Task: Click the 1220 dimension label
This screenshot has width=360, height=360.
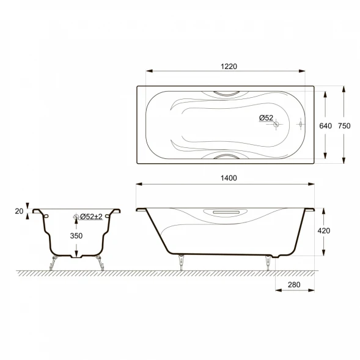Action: [229, 67]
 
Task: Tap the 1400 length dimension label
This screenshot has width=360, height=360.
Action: [229, 178]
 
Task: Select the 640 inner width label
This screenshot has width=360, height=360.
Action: [325, 126]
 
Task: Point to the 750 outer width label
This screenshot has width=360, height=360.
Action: [344, 126]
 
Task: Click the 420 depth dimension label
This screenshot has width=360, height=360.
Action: [324, 230]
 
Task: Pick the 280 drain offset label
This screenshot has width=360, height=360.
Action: [294, 285]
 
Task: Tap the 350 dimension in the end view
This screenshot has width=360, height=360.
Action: [76, 236]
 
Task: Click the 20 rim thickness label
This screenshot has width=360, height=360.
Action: [19, 211]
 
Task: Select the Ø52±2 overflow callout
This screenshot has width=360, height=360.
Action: [91, 216]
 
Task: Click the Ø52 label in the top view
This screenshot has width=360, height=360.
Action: [266, 118]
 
